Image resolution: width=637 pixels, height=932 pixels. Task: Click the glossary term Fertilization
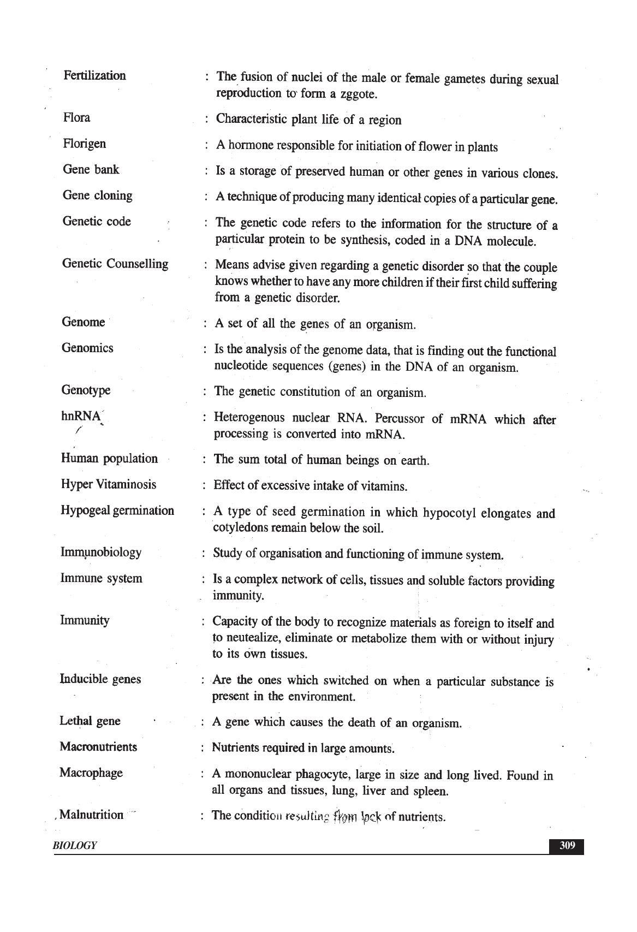pos(94,75)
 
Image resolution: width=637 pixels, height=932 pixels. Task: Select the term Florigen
pos(85,144)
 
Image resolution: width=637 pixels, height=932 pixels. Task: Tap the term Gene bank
pos(91,169)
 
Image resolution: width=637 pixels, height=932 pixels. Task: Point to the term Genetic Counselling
pos(115,264)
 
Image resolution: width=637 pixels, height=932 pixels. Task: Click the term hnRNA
pos(81,416)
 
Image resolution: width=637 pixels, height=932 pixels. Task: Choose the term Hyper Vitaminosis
pos(109,484)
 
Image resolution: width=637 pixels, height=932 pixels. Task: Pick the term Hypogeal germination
pos(117,510)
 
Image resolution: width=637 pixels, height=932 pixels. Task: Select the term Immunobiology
pos(101,552)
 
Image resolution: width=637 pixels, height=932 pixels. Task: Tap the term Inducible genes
pos(100,679)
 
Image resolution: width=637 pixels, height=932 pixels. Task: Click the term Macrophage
pos(91,773)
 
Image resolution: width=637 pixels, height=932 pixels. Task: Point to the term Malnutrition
pos(92,815)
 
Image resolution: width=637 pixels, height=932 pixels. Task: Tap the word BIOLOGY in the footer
pos(75,846)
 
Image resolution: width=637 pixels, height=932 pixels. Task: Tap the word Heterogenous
pos(249,418)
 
